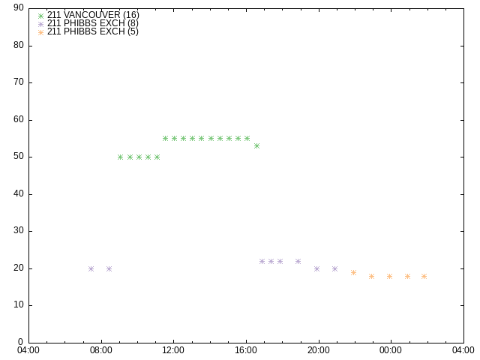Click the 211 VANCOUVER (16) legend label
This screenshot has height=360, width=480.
(x=93, y=15)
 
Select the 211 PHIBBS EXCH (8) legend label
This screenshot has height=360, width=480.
(x=93, y=23)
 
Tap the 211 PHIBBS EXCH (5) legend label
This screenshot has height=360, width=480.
(x=93, y=31)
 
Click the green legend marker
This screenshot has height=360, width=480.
(x=40, y=16)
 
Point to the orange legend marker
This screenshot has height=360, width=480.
(x=40, y=33)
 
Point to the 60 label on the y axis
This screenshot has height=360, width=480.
(x=19, y=119)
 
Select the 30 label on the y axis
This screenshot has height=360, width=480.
(x=19, y=230)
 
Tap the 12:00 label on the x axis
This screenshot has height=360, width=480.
(x=173, y=350)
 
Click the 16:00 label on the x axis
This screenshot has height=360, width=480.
(x=246, y=350)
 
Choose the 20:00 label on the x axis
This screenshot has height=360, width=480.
(x=318, y=350)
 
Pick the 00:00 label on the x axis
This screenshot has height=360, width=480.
(x=391, y=350)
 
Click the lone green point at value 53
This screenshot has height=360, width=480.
(x=256, y=146)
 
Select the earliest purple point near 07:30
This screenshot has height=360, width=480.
(x=91, y=268)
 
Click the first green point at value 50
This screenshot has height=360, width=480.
(x=120, y=157)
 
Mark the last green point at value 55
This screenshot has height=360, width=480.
(x=247, y=138)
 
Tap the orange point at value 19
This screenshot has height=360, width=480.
(x=353, y=272)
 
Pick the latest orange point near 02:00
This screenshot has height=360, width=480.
(x=424, y=277)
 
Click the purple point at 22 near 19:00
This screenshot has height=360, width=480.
(x=298, y=262)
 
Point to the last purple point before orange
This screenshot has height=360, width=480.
(x=335, y=268)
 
